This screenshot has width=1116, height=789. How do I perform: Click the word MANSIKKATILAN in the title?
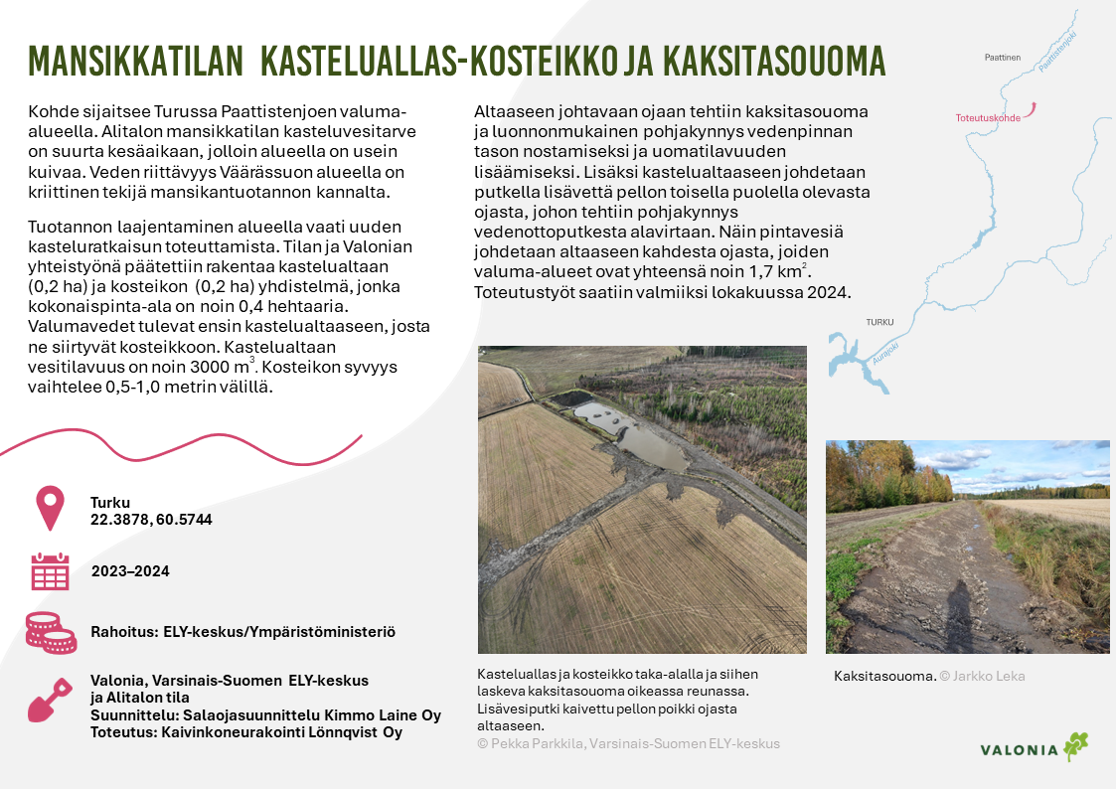click(x=135, y=62)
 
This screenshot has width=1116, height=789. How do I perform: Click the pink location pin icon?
click(x=50, y=509)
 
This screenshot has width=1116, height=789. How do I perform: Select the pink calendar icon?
click(x=50, y=571)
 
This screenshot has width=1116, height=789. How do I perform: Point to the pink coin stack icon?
click(x=50, y=631)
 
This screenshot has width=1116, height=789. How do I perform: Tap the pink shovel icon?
click(x=50, y=701)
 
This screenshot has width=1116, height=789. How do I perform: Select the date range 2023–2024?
click(x=130, y=571)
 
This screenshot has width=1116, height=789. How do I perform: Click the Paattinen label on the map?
click(x=1003, y=58)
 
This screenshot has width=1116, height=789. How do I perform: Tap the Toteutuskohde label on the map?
click(x=988, y=117)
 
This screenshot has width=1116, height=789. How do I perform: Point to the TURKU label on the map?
click(x=879, y=323)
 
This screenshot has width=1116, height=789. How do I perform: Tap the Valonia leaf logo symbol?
click(x=1075, y=746)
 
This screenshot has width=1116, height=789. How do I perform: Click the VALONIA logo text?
click(x=1019, y=750)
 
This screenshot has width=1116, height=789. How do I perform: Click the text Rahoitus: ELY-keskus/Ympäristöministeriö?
click(x=242, y=631)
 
